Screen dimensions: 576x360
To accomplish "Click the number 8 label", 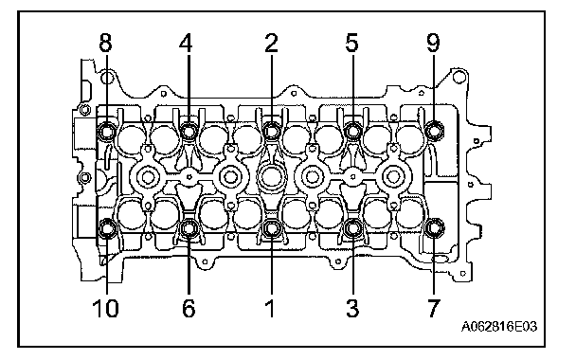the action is [105, 43].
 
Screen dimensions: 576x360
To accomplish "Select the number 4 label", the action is [186, 43].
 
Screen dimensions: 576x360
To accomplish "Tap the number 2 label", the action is [272, 43].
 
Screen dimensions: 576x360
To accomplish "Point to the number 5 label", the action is [351, 43].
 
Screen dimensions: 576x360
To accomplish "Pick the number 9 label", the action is [433, 43].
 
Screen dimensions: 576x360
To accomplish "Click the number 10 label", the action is [105, 308].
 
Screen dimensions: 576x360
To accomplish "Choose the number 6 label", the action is [189, 308].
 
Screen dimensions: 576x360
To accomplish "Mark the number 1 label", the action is [270, 308].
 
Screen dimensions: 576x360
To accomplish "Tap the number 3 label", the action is [351, 308].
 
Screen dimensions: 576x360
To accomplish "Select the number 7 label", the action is [433, 308].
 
